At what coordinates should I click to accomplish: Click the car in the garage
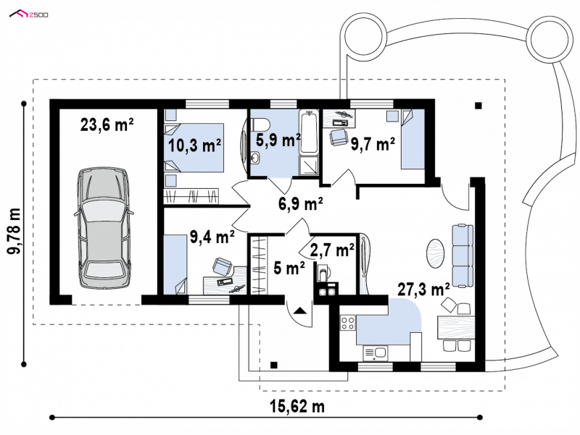104,229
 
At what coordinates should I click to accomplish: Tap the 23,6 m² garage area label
107,125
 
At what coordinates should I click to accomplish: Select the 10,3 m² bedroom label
195,146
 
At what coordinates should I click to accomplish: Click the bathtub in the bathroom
309,132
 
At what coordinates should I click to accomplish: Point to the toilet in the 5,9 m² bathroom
257,124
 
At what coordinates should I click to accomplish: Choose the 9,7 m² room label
373,144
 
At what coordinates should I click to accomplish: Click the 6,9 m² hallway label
300,203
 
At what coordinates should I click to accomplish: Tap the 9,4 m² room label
212,237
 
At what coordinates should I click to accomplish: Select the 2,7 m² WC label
332,250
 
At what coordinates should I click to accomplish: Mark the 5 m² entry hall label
289,268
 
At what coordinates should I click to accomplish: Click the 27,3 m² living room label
423,290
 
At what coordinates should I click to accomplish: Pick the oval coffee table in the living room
436,253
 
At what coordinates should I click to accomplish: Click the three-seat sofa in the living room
462,255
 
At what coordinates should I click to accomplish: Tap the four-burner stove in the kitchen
348,323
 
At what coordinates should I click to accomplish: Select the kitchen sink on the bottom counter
375,352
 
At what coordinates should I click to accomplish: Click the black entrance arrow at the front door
299,311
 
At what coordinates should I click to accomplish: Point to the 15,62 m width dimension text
297,407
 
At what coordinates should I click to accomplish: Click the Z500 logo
29,14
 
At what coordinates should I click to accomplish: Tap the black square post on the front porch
274,366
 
